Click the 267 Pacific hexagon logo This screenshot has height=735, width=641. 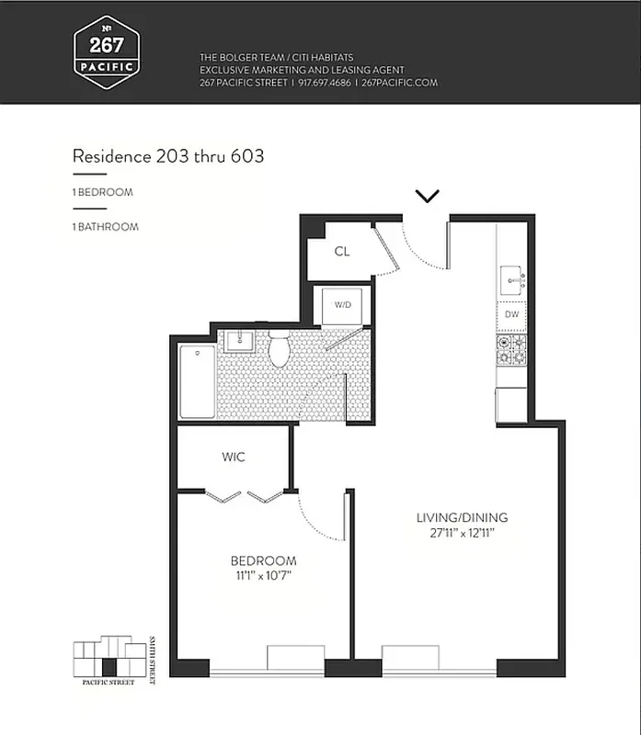(106, 51)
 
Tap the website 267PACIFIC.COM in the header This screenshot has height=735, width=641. (400, 83)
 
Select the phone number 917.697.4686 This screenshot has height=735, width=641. (325, 83)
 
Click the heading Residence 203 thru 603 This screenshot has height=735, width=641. (168, 156)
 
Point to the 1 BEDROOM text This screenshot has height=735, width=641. (103, 193)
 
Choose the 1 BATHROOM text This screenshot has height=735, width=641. (106, 226)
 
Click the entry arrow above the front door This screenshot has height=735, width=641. (428, 196)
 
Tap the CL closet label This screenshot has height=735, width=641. (341, 251)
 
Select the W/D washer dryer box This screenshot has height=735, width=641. (342, 305)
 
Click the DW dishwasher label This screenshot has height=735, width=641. (511, 315)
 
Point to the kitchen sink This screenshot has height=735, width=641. (510, 277)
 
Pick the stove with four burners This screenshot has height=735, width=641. (511, 349)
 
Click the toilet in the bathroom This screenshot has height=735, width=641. (280, 349)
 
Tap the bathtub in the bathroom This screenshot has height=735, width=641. (197, 381)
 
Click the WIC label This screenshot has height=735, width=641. (234, 457)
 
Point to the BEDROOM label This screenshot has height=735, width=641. (263, 561)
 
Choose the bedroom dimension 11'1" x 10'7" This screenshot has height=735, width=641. (263, 576)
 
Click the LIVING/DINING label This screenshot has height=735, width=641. (462, 517)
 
